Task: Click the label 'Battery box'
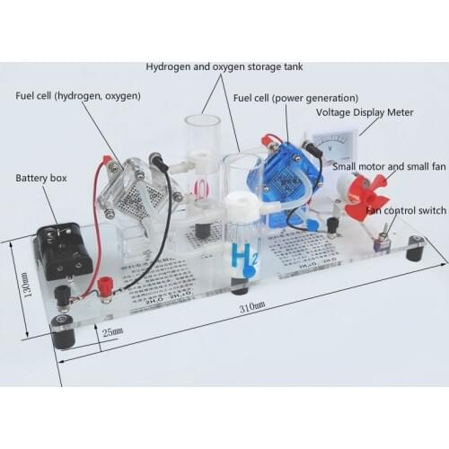tap(42, 179)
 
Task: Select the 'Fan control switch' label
tap(403, 211)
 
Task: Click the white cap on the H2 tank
tap(240, 201)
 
